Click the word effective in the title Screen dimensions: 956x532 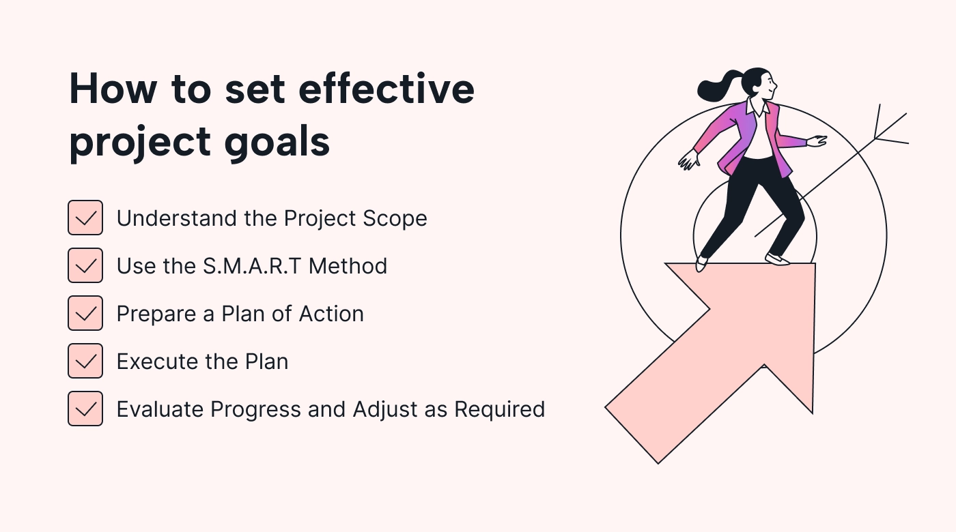(x=386, y=89)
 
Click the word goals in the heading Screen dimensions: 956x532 (x=277, y=143)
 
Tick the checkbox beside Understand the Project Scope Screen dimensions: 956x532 (x=85, y=218)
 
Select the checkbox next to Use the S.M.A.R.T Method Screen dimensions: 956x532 (x=85, y=265)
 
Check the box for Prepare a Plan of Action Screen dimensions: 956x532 (x=85, y=313)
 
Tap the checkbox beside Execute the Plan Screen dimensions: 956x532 (x=85, y=361)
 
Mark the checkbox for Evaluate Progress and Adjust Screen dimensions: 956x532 (x=85, y=409)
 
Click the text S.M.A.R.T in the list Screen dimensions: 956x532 (x=252, y=266)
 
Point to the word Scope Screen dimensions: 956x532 (x=395, y=219)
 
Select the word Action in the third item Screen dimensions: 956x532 (x=331, y=314)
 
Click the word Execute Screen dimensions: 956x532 (x=158, y=361)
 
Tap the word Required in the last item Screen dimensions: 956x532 (x=499, y=410)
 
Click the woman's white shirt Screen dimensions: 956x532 (x=759, y=136)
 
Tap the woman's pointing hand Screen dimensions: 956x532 (x=817, y=141)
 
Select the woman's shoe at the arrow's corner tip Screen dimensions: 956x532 (x=778, y=259)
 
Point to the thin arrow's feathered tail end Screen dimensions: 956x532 (x=890, y=125)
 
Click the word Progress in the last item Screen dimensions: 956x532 (x=256, y=410)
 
